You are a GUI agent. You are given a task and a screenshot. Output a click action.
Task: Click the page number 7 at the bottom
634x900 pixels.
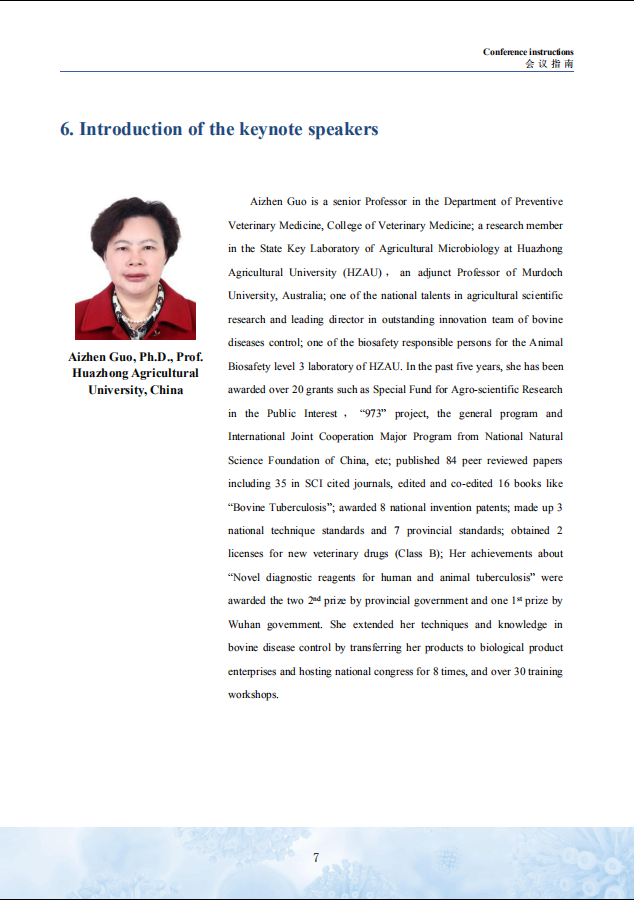(x=316, y=857)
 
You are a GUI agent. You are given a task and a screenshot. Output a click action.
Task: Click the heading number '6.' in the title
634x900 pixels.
(x=67, y=130)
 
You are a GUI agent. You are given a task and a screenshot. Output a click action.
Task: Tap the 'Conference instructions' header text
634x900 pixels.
(x=528, y=52)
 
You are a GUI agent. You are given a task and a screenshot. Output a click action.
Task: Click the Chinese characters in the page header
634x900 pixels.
(x=549, y=64)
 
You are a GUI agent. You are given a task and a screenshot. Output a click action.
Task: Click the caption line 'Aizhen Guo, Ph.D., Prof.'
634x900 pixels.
(x=136, y=357)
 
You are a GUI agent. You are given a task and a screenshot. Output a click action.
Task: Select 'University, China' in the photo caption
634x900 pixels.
(x=136, y=390)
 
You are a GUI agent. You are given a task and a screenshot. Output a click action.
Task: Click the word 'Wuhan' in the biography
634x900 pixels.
(x=244, y=624)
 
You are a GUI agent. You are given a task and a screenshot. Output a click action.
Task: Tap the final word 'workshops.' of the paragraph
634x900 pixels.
(x=253, y=694)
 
